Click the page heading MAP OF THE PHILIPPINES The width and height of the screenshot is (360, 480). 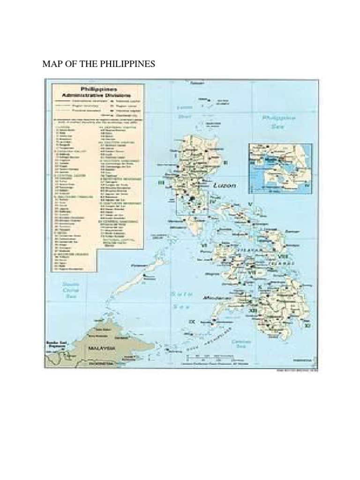point(98,64)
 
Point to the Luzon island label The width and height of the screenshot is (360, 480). point(225,186)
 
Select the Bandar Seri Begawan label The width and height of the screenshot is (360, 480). point(54,344)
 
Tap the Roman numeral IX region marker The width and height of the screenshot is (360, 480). point(191,322)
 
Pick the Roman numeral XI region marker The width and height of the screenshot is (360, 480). point(307,324)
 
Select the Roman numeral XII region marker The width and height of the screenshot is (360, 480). point(253,310)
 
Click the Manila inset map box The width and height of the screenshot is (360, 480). point(280,168)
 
